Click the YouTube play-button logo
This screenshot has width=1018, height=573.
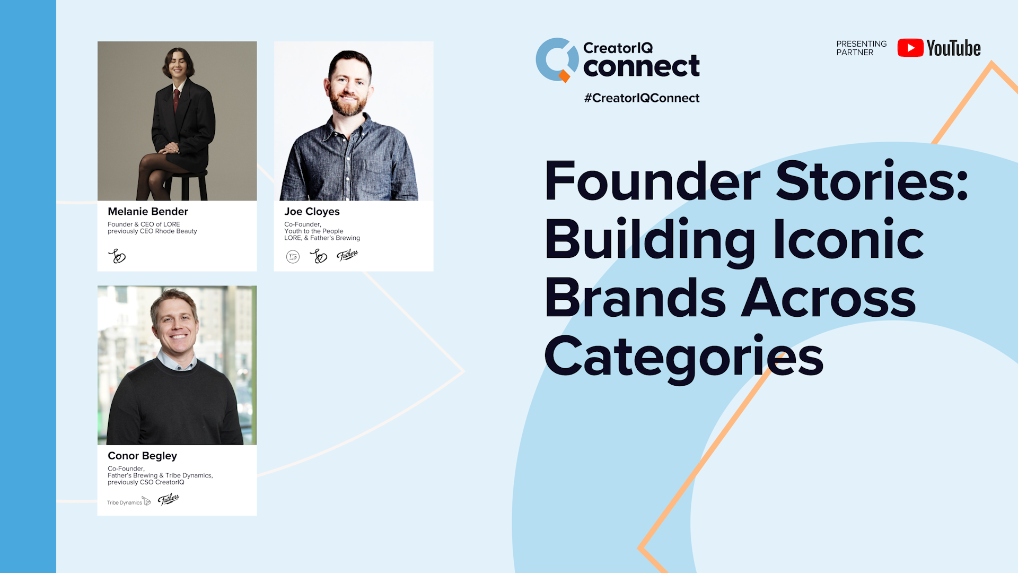[x=910, y=48]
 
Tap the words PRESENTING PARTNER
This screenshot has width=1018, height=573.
[x=861, y=48]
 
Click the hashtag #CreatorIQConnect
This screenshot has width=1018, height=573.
[x=642, y=98]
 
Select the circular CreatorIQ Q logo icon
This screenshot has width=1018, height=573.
[x=556, y=59]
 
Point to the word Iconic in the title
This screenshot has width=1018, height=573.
[x=848, y=240]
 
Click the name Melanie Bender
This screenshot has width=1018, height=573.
[x=148, y=211]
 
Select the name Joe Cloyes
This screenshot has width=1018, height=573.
[x=312, y=211]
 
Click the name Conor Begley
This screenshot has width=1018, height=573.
[x=142, y=456]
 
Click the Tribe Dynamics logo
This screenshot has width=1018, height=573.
[x=129, y=502]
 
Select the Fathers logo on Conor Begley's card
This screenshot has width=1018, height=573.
[x=169, y=499]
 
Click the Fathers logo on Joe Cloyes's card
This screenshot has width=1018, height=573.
[x=348, y=256]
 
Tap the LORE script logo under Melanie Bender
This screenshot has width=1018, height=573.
[x=117, y=257]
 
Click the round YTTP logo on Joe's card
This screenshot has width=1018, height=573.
[x=293, y=257]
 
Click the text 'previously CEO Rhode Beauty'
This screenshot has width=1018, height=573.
[x=152, y=231]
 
